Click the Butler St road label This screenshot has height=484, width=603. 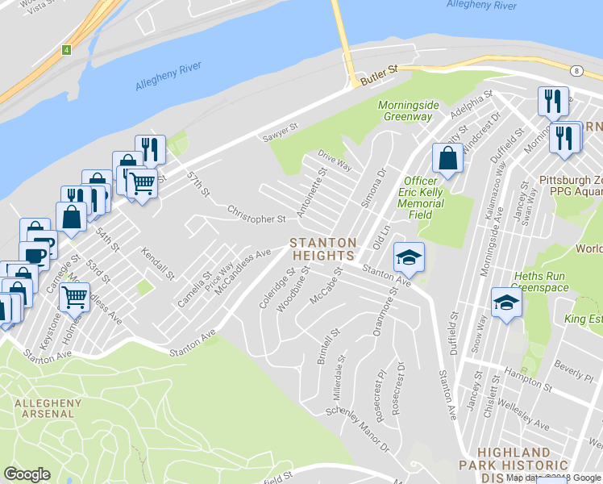[380, 74]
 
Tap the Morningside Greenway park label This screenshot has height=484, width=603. [407, 111]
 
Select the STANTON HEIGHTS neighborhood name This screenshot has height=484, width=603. [323, 248]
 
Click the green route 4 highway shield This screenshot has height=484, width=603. [67, 50]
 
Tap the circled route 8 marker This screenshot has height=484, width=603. [578, 70]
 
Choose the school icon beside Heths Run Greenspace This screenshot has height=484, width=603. [506, 303]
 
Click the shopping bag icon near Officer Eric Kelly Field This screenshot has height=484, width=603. [447, 158]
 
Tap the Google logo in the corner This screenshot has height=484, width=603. [27, 474]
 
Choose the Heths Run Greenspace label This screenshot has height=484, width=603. [541, 281]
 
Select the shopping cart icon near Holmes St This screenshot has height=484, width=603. [74, 297]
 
